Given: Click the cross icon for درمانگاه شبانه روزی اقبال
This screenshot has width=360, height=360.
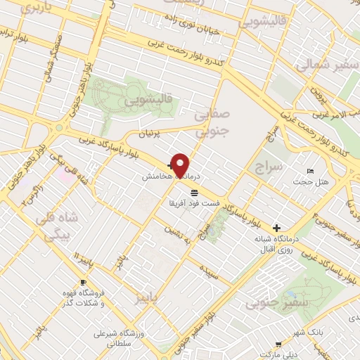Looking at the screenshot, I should pos(277,228).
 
